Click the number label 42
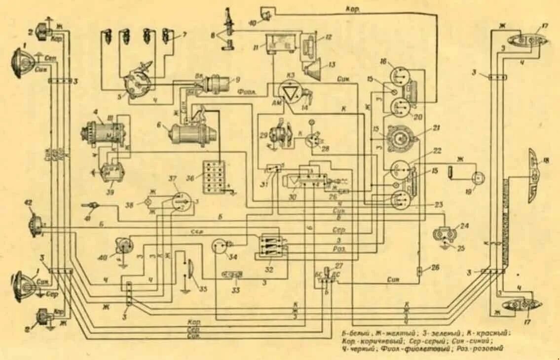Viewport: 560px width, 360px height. click(28, 203)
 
